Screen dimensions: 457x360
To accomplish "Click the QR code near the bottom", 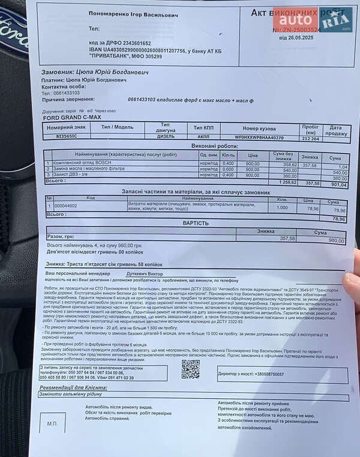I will [x=190, y=369].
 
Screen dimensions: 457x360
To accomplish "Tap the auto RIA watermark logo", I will [x=314, y=20].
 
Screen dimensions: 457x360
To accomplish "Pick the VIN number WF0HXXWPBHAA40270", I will [x=259, y=137].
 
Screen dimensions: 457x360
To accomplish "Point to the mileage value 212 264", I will [x=310, y=138].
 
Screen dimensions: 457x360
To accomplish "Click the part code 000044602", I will [x=65, y=206].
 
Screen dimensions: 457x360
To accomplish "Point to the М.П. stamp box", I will [x=52, y=423].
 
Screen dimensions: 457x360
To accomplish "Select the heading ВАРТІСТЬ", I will [x=196, y=223].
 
